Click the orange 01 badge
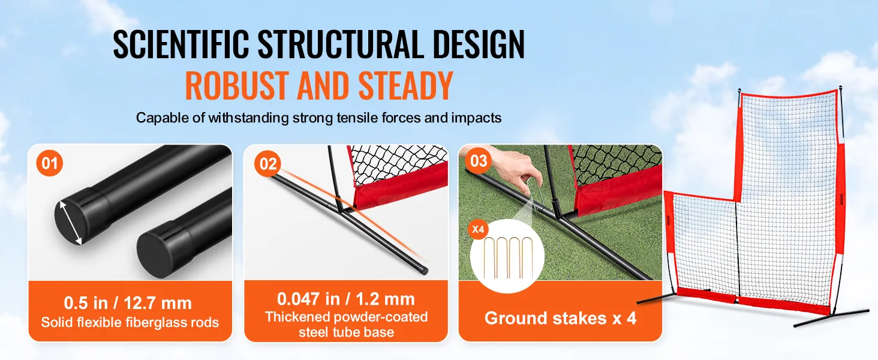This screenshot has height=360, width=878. [x=50, y=164]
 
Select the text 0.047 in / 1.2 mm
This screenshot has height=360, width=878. [x=346, y=299]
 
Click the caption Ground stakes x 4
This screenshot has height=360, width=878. [x=560, y=317]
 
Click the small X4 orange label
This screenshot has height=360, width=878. [x=479, y=229]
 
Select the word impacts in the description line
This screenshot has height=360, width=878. [x=478, y=118]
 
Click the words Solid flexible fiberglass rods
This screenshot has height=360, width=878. [x=130, y=323]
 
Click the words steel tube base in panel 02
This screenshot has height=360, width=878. [x=346, y=332]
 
